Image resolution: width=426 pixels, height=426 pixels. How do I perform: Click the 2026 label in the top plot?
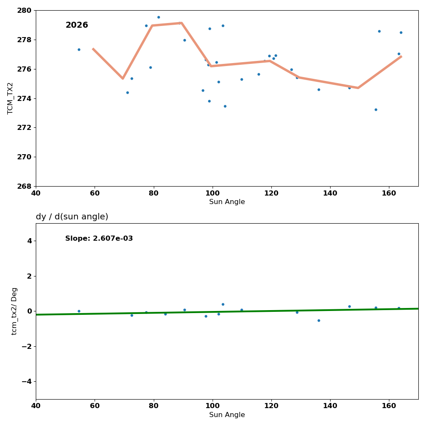(77, 26)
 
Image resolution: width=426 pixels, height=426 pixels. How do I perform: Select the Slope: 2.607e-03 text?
(99, 239)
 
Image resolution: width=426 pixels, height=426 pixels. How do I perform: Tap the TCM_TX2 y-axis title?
(11, 98)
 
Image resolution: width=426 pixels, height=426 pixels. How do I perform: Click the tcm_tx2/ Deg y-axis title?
(14, 311)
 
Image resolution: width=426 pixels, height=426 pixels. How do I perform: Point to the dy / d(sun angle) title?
(72, 217)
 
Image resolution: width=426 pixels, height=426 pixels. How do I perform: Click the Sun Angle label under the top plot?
(227, 202)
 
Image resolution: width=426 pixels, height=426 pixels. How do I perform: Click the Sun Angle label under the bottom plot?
(227, 415)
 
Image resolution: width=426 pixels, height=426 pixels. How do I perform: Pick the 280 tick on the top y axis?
(26, 10)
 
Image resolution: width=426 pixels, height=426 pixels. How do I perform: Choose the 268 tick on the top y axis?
(26, 186)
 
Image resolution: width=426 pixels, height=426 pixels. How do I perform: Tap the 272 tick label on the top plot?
(26, 128)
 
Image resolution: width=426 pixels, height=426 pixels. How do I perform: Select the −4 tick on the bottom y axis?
(26, 381)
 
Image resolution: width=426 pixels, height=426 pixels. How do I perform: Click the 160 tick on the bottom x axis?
(389, 406)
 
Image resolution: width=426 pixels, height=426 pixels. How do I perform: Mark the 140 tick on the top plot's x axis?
(330, 193)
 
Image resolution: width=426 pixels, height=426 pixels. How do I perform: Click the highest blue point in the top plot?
(158, 17)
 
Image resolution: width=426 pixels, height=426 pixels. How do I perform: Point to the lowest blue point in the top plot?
(376, 109)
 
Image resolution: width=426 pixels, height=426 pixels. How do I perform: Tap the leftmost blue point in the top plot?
(79, 49)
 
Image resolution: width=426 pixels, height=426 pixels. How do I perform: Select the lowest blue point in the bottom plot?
(319, 320)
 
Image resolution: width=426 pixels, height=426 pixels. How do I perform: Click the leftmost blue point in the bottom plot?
(79, 311)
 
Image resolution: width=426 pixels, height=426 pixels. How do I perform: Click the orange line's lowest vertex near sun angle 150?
(358, 88)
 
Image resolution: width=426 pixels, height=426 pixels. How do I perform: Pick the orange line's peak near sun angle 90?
(181, 23)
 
